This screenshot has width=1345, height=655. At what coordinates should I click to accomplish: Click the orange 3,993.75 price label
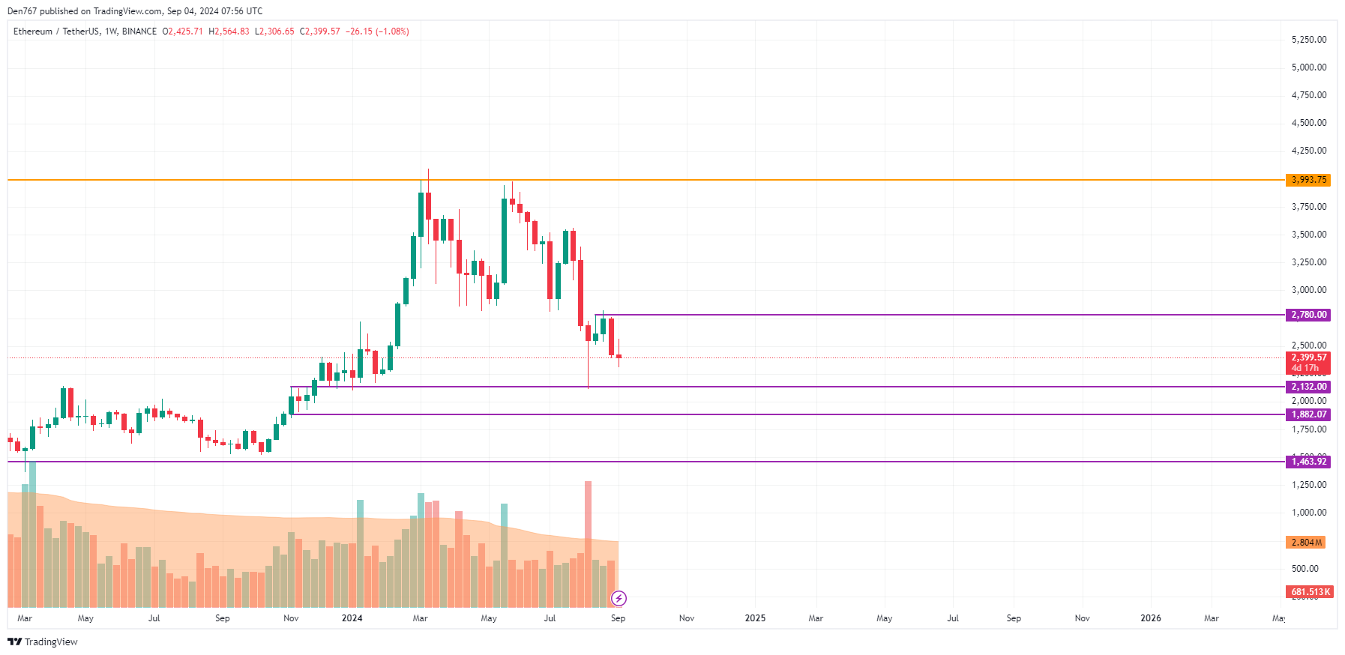click(1308, 180)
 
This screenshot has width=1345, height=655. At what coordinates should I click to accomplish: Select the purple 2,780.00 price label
click(1308, 315)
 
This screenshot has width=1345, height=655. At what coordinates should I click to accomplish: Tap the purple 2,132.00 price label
click(1308, 387)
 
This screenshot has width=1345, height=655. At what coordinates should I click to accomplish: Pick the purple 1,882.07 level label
click(1308, 414)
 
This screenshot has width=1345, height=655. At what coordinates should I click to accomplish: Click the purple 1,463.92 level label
click(1308, 462)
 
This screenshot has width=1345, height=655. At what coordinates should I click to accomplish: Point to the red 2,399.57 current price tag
click(1308, 358)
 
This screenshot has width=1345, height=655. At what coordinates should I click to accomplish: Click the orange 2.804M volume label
click(1306, 542)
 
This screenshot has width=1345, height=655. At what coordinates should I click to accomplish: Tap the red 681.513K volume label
click(1310, 592)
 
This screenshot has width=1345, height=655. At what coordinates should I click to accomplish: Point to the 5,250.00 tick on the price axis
click(1308, 40)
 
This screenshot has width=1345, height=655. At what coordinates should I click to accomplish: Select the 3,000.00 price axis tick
click(1308, 290)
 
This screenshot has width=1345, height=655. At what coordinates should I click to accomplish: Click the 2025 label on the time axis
click(755, 618)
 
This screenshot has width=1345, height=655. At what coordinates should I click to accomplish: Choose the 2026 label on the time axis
click(1150, 618)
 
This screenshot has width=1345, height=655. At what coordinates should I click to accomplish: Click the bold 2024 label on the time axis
click(352, 618)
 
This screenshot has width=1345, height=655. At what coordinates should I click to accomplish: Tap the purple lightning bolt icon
click(619, 598)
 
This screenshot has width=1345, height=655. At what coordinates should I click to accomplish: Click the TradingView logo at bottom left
click(43, 642)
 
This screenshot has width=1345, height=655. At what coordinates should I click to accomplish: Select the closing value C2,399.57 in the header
click(320, 31)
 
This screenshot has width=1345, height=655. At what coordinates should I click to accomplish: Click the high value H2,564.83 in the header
click(229, 31)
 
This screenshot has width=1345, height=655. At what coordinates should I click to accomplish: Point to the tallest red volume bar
click(588, 543)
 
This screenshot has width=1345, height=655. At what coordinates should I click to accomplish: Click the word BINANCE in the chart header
click(139, 31)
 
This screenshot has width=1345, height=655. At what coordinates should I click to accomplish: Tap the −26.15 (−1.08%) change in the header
click(377, 31)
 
